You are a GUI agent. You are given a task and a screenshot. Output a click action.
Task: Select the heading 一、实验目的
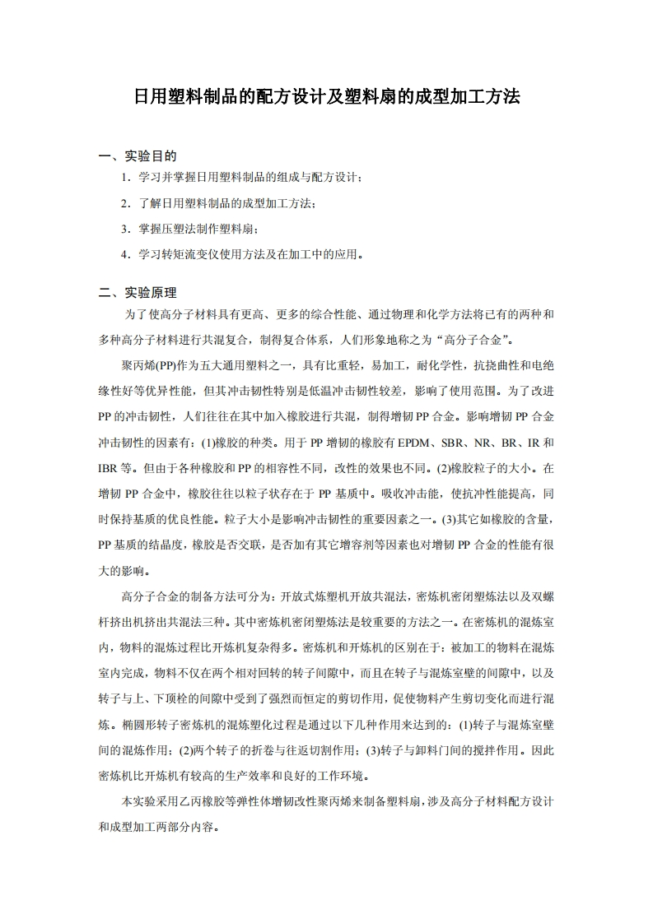(138, 155)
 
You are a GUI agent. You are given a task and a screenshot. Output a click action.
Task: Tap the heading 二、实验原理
(138, 292)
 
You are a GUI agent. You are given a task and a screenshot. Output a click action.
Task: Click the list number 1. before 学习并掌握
(125, 178)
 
